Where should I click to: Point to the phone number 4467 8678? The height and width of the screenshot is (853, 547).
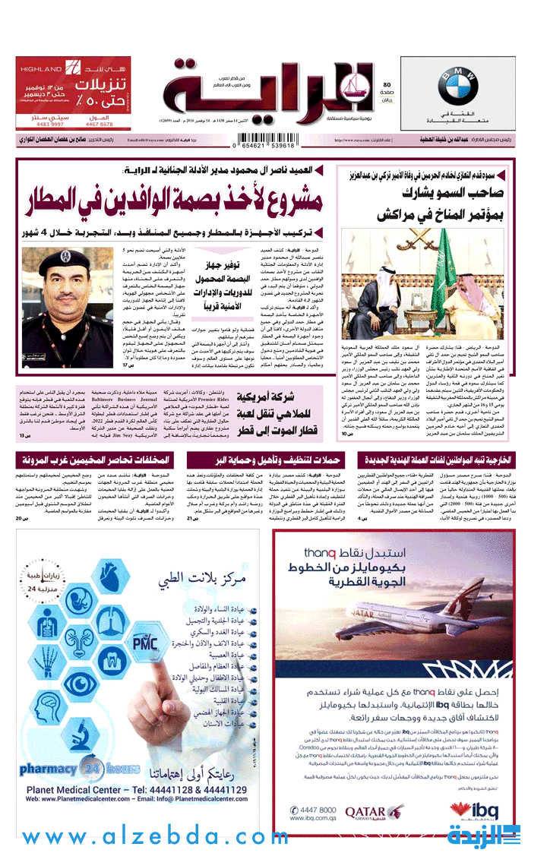point(100,124)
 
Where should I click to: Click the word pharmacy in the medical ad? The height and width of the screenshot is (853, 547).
point(48,769)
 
